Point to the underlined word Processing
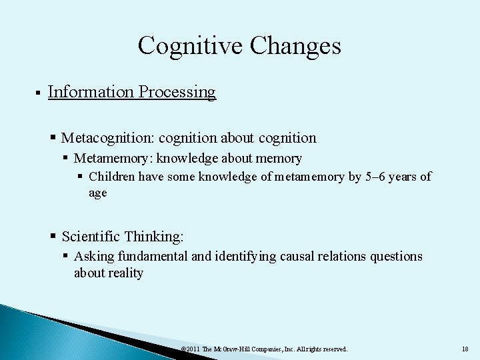(x=177, y=92)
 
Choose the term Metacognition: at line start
(x=107, y=138)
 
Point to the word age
(x=97, y=193)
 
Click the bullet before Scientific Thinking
(x=54, y=237)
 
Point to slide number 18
(x=465, y=349)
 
